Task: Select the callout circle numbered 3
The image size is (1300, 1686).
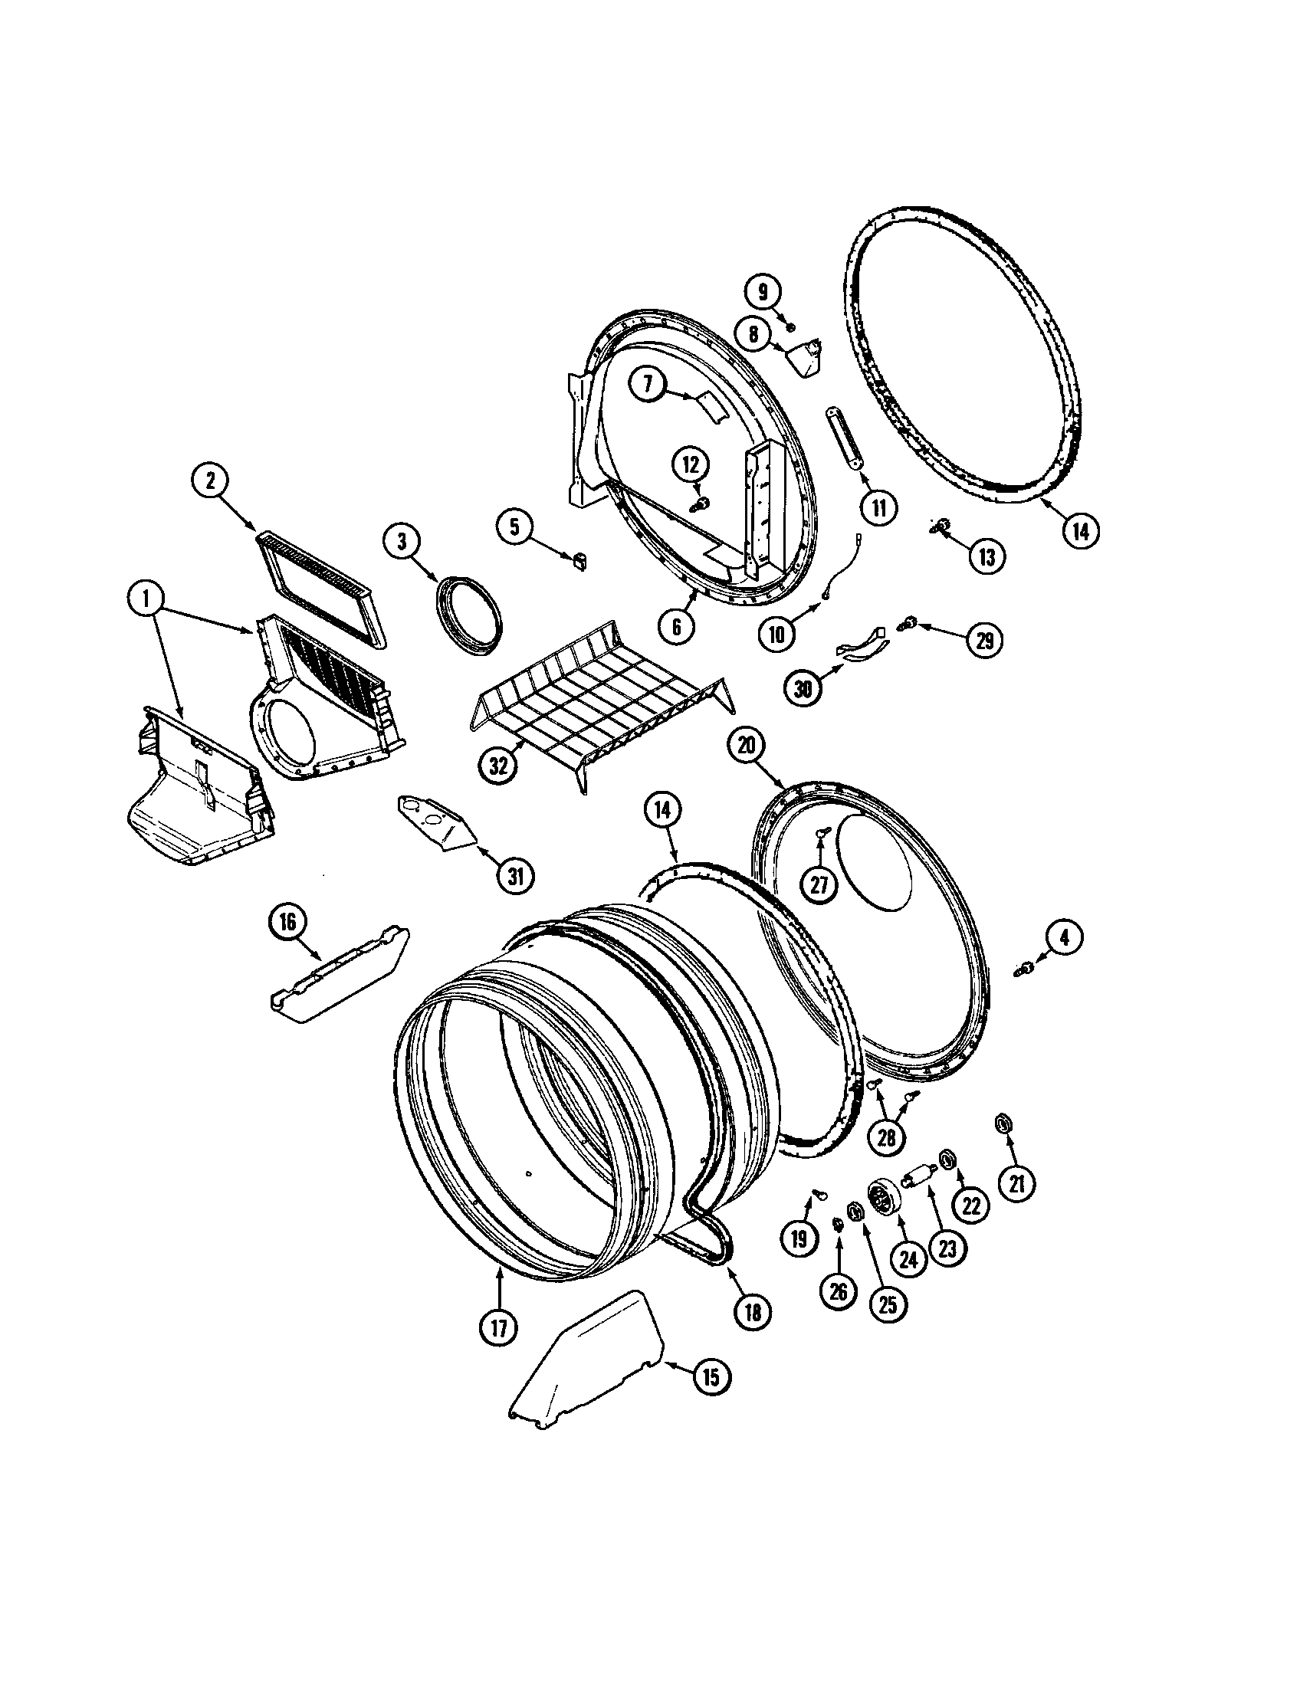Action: (x=402, y=542)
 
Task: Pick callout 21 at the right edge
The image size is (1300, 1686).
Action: (x=1016, y=1182)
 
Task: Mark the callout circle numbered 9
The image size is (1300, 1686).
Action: (x=763, y=292)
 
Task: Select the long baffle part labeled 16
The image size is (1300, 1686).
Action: (x=340, y=974)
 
